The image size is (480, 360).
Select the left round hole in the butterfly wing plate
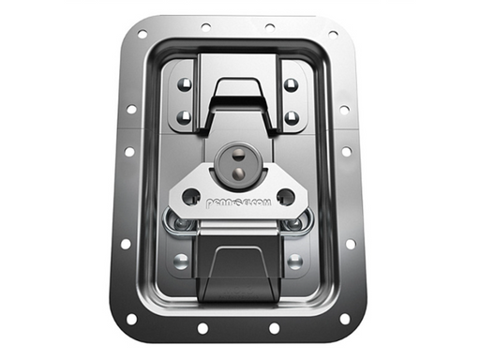click(190, 197)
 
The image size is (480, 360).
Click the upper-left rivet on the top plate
click(184, 84)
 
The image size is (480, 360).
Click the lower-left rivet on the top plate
click(184, 117)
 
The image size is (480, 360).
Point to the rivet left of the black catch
click(181, 261)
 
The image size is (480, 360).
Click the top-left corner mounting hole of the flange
click(142, 35)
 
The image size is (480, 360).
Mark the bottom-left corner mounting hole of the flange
click(132, 318)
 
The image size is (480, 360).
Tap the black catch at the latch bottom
click(236, 272)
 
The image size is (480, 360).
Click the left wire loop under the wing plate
click(179, 223)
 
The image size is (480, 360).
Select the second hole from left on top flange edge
click(206, 26)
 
